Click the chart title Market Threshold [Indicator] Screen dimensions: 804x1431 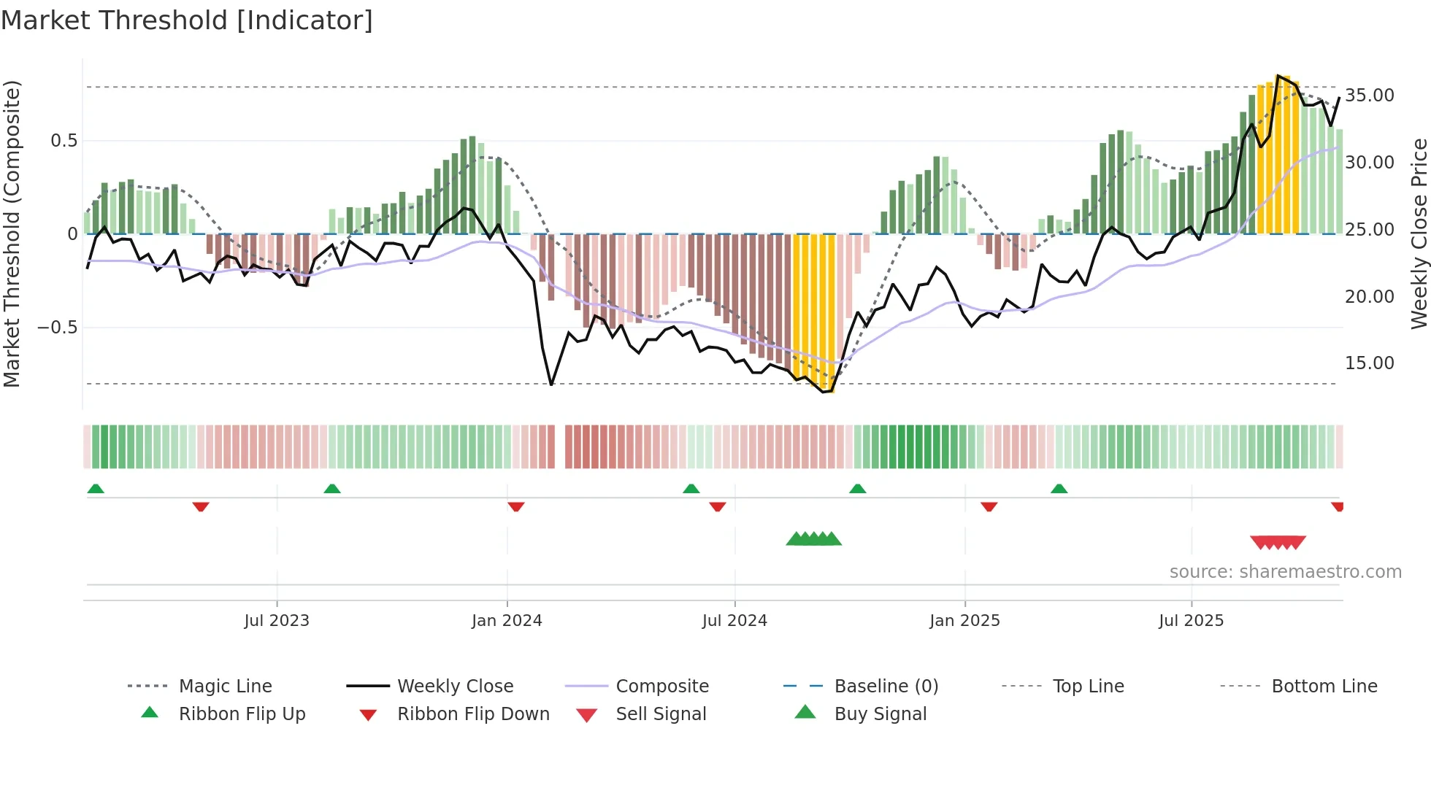coord(187,20)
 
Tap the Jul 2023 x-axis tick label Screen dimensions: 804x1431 coord(277,621)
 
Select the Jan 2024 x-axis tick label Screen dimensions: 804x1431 coord(507,621)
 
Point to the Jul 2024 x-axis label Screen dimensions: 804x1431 coord(734,621)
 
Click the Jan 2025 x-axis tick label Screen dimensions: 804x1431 coord(964,621)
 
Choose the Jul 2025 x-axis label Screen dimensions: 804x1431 coord(1191,621)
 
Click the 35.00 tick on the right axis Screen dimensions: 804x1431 coord(1369,96)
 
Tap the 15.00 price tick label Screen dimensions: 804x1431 coord(1369,363)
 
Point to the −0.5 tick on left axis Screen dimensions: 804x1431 coord(58,328)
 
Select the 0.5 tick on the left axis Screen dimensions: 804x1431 coord(64,141)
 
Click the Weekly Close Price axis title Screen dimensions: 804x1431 coord(1419,233)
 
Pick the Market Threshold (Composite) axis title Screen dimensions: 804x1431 coord(12,233)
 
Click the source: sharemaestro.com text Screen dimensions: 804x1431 coord(1285,572)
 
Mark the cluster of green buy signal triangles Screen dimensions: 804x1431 coord(813,539)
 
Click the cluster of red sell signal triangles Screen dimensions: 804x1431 coord(1278,542)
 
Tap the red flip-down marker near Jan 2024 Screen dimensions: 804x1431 coord(516,506)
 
